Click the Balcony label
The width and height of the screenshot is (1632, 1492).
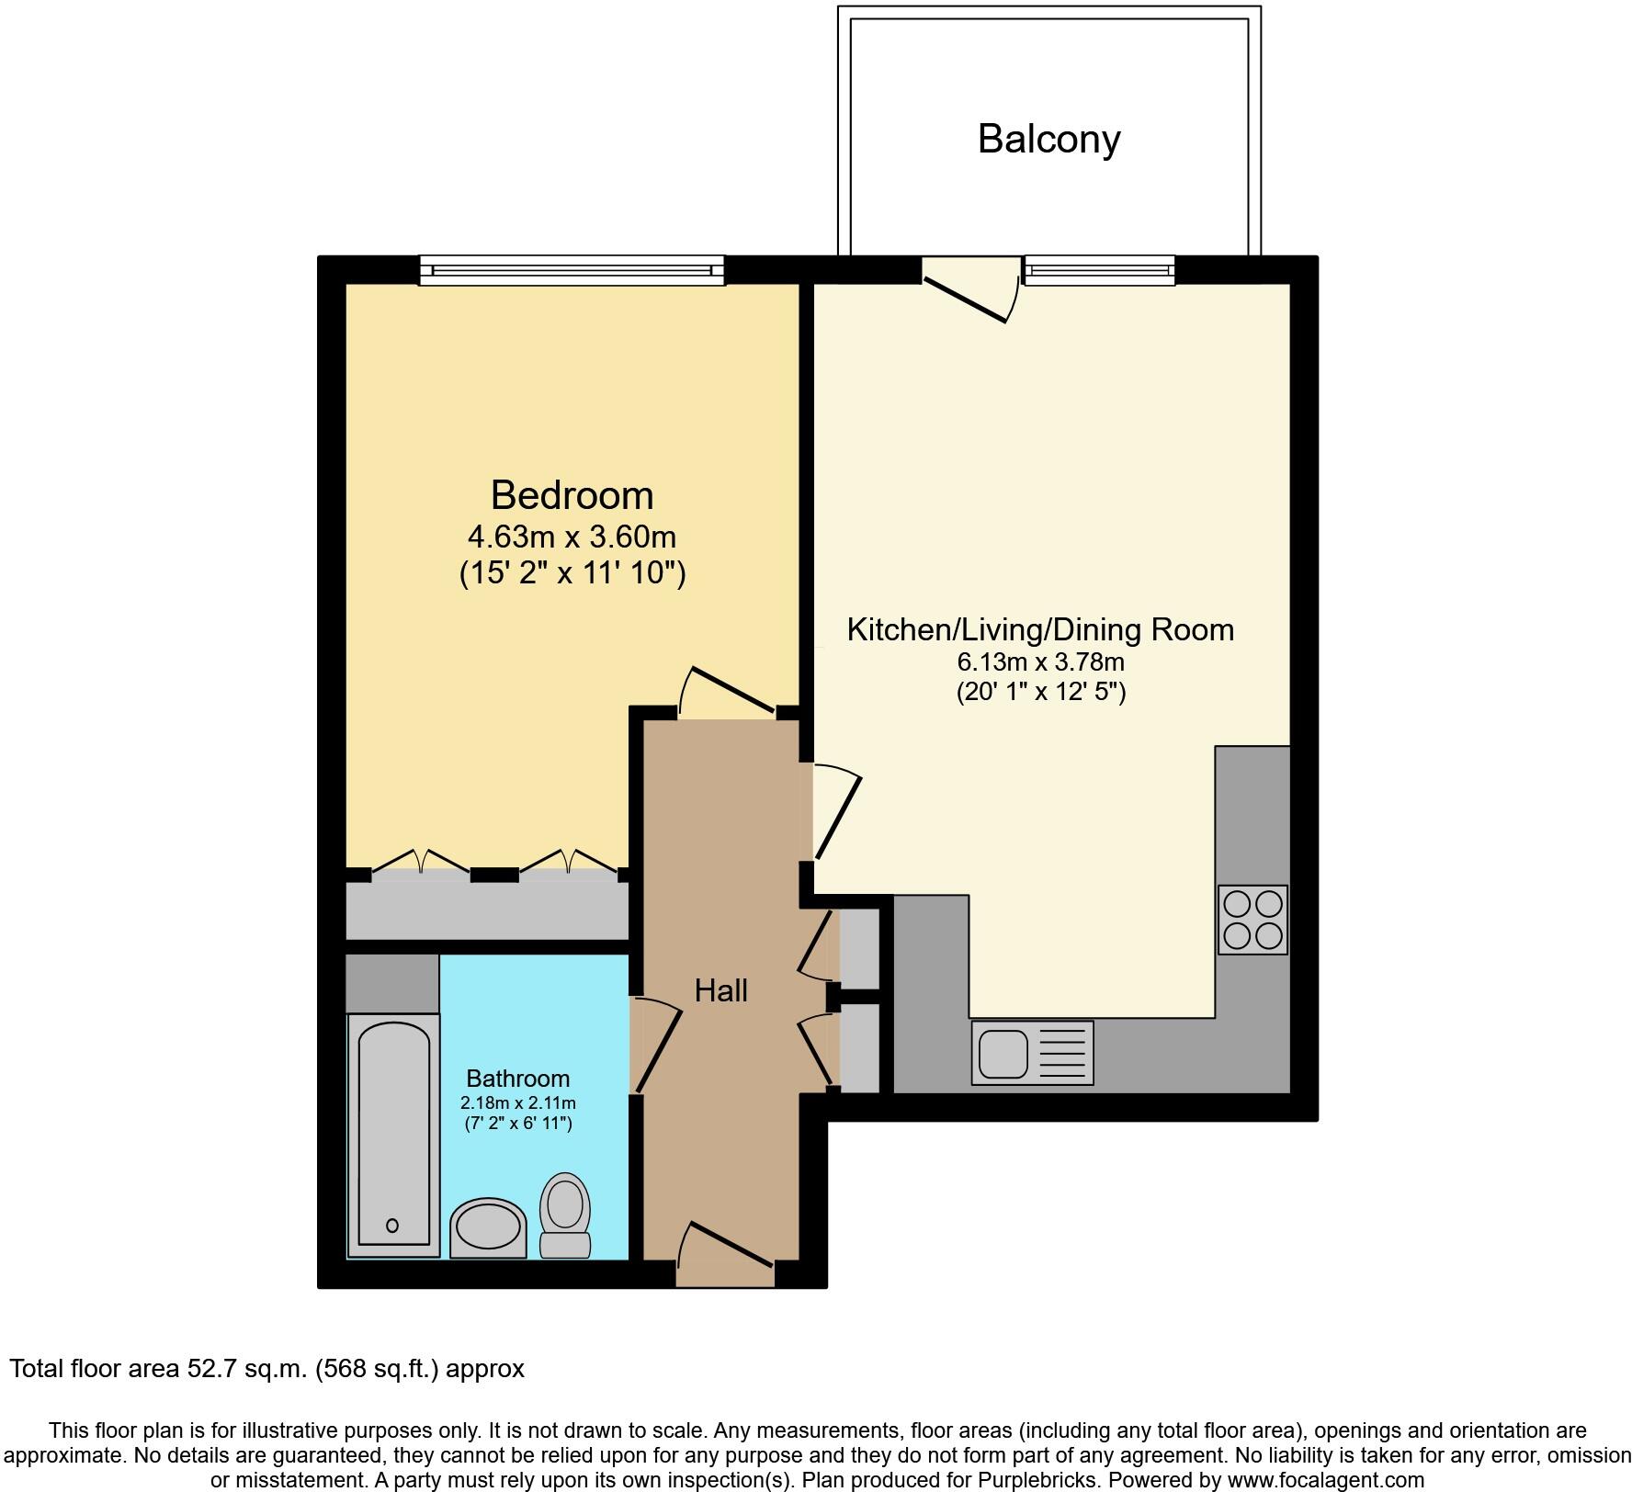coord(1048,140)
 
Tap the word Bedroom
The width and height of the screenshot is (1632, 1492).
coord(572,495)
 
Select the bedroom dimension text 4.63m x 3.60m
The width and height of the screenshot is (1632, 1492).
coord(572,536)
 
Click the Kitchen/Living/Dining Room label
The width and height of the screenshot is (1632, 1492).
coord(1039,630)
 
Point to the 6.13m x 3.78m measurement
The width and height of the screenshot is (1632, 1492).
coord(1040,661)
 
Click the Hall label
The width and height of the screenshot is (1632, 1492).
coord(720,990)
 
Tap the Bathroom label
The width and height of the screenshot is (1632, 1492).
coord(517,1079)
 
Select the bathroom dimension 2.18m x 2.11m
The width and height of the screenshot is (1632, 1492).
coord(517,1102)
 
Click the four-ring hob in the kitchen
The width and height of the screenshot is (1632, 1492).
coord(1252,920)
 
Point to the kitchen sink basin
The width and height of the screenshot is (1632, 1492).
coord(1003,1053)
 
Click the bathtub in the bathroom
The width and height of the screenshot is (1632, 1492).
coord(392,1135)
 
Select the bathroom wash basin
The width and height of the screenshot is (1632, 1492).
coord(488,1227)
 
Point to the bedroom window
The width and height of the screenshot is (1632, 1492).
coord(572,270)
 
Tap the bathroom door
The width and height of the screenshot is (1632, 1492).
coord(658,1047)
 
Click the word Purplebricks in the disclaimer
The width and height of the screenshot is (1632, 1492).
coord(1045,1480)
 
